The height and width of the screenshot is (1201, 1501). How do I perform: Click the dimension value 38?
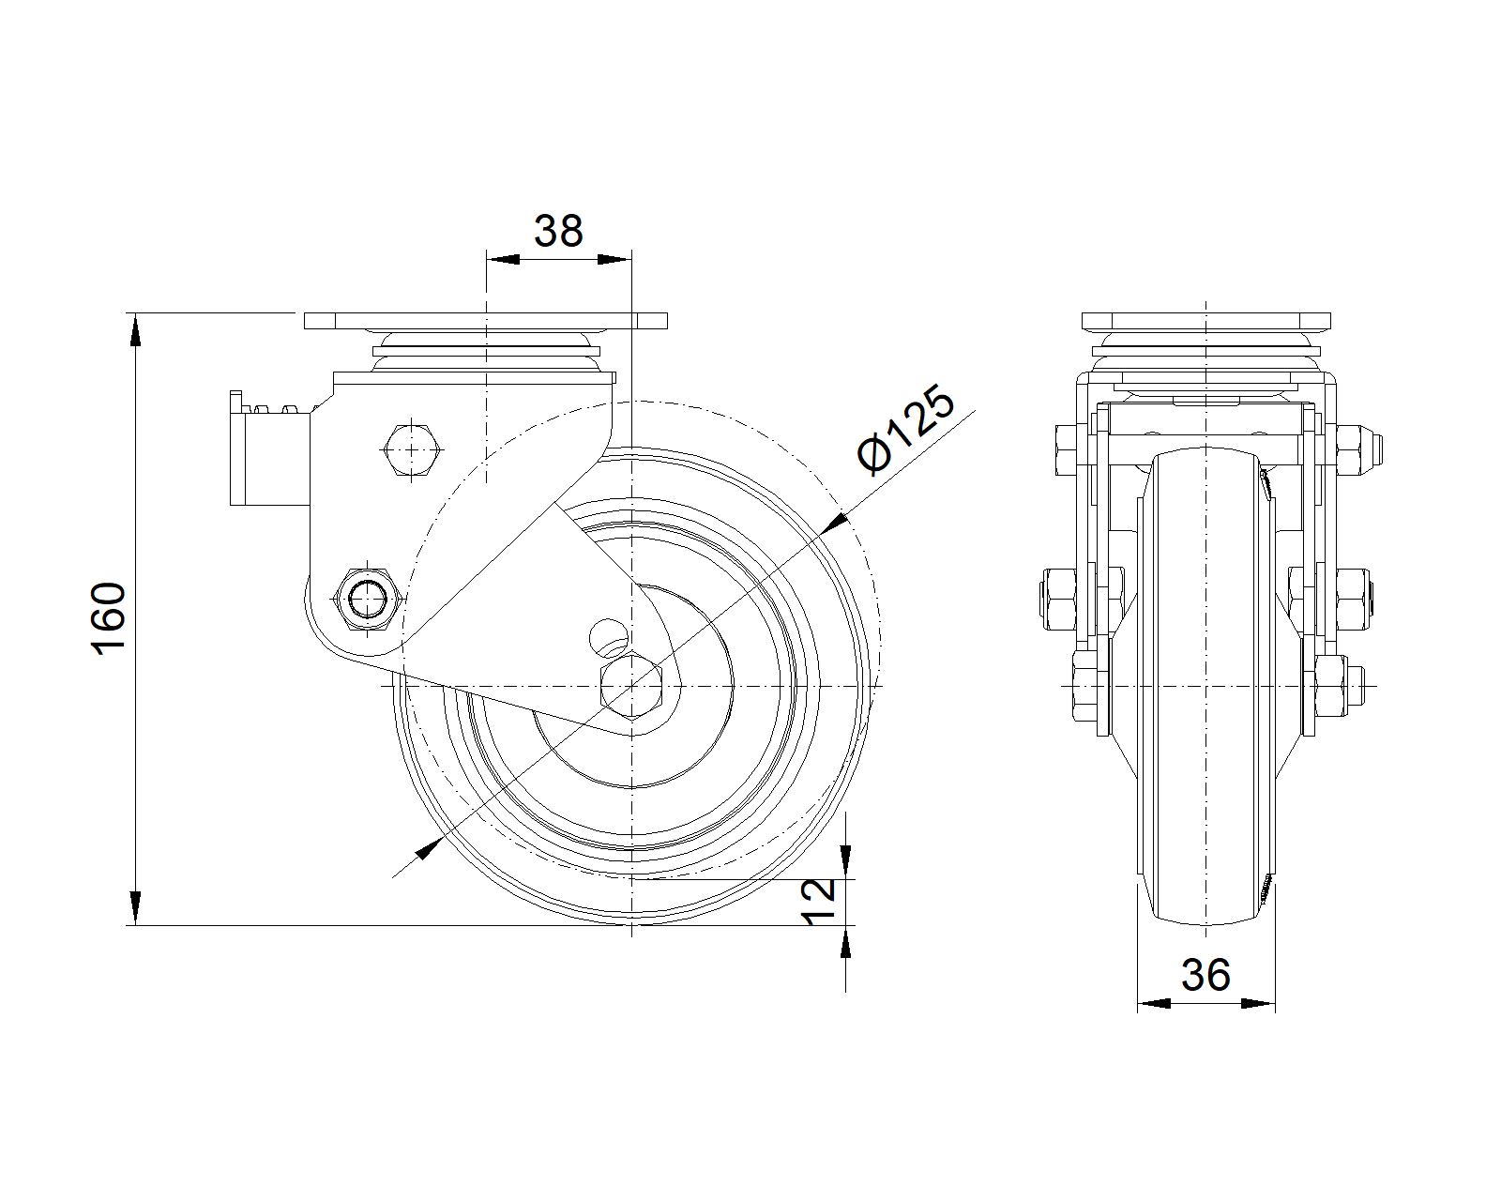tap(558, 231)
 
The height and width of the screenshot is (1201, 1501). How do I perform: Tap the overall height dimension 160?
tap(109, 618)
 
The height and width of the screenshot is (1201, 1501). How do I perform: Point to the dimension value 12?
tap(819, 902)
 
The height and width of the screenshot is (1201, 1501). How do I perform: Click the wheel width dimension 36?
tap(1205, 975)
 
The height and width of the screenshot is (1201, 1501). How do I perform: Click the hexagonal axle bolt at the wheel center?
tap(631, 686)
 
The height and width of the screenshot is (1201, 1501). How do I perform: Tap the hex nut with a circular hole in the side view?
tap(368, 598)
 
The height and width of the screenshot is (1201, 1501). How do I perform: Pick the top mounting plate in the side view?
tap(1206, 321)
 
